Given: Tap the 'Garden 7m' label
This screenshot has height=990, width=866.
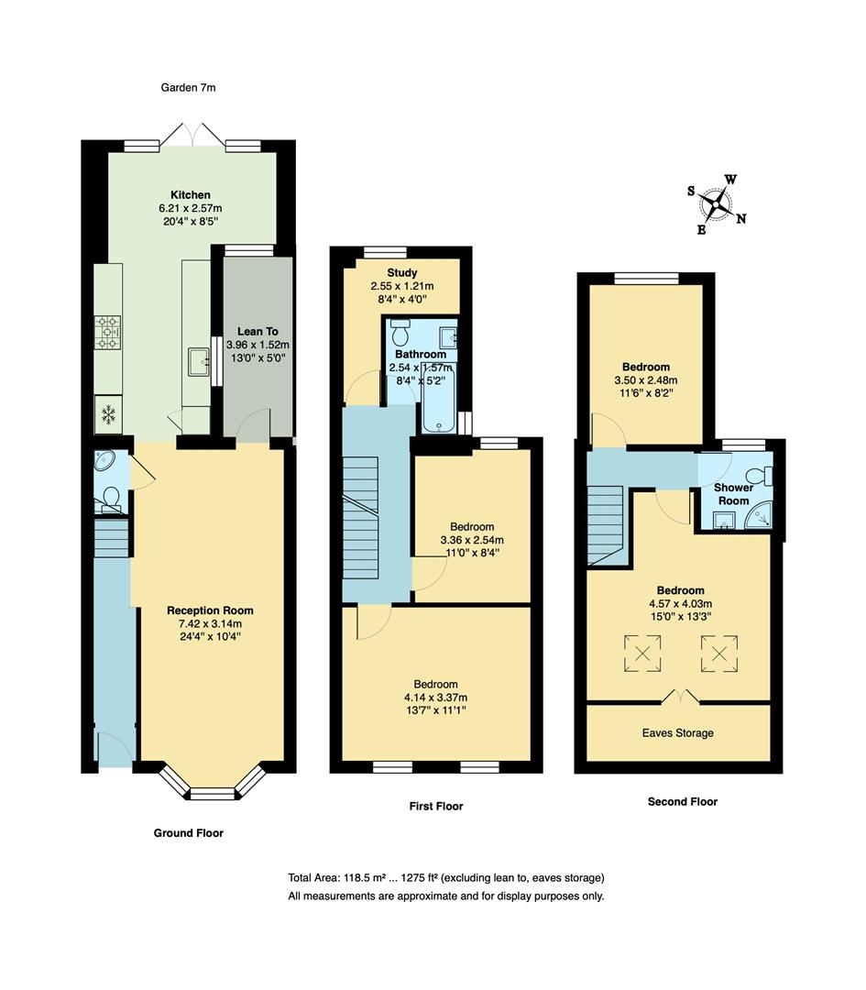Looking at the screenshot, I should coord(187,88).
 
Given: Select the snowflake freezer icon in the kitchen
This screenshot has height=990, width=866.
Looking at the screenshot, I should coord(108,415).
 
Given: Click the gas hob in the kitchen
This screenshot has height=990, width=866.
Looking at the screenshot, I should coord(108,332).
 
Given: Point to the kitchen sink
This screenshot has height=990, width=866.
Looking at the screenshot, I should coord(199,363).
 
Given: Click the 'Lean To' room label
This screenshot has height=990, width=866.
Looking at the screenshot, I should coord(258,332).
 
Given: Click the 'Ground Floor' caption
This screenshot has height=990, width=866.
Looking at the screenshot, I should coord(188,833).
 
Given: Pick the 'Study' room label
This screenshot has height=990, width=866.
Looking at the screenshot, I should coord(401,273).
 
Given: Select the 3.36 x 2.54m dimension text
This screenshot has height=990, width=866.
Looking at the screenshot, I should coord(472,540).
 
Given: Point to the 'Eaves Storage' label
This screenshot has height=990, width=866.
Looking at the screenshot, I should coord(677,732).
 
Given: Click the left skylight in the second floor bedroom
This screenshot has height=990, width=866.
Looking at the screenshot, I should coord(641,654).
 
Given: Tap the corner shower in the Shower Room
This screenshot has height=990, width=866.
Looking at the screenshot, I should coord(760,520).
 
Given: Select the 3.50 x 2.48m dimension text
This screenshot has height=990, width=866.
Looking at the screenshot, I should coord(644,379).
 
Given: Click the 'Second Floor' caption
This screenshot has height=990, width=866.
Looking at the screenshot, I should coord(682,801).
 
